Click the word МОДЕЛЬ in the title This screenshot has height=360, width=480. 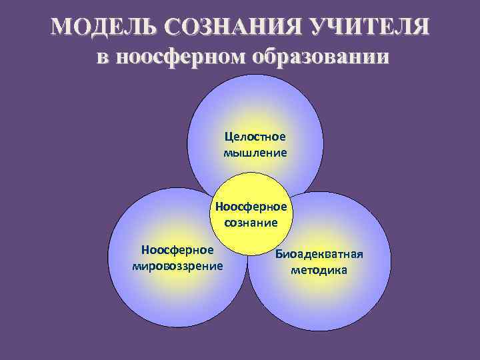(97, 27)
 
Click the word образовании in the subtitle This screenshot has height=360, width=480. (319, 57)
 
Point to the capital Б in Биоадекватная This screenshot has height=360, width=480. (279, 255)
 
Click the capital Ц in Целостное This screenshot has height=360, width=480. (229, 137)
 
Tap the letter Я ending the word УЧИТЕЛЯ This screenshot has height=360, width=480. (419, 27)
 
